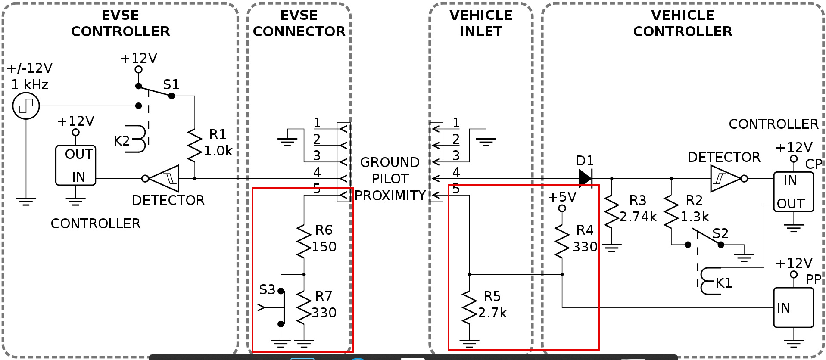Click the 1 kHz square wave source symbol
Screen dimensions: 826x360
coord(26,106)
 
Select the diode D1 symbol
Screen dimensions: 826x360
coord(585,178)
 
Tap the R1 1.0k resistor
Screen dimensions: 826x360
coord(195,146)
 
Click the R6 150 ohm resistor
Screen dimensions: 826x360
coord(304,241)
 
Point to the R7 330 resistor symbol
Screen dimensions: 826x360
coord(304,307)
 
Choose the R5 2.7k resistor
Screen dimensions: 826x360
coord(469,307)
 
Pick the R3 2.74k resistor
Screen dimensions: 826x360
coord(611,211)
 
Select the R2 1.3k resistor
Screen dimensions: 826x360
coord(671,211)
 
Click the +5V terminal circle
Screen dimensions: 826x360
coord(562,208)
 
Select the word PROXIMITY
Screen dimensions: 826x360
coord(390,196)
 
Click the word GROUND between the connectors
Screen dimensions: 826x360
coord(390,162)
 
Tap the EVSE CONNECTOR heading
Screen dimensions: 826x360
coord(299,23)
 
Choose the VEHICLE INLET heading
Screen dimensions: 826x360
coord(481,23)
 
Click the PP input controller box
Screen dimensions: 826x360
coord(793,307)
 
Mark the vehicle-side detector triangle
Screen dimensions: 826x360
coord(726,178)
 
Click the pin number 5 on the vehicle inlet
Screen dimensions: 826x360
coord(456,189)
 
